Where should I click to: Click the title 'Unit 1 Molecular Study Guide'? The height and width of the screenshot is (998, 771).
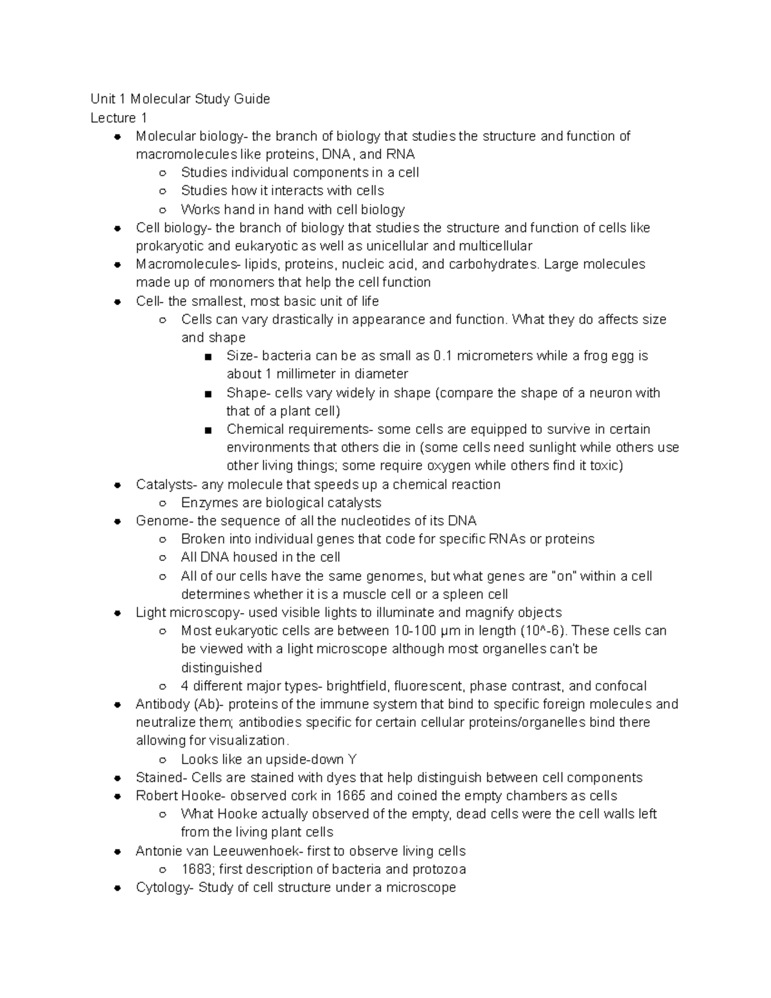pyautogui.click(x=180, y=99)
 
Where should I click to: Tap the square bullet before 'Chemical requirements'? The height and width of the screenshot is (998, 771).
pyautogui.click(x=208, y=430)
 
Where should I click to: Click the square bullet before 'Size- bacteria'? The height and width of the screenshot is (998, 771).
pyautogui.click(x=208, y=357)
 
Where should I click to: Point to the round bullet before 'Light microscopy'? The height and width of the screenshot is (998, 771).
pyautogui.click(x=118, y=613)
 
